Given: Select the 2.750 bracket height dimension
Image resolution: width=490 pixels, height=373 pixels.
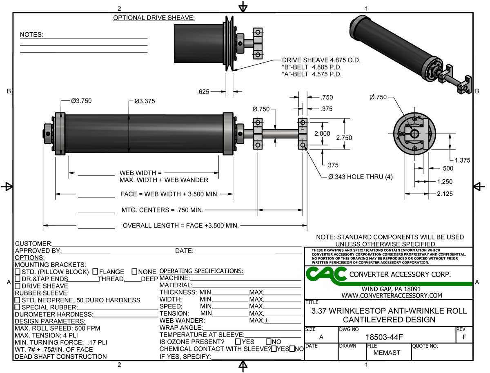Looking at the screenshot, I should point(344,138).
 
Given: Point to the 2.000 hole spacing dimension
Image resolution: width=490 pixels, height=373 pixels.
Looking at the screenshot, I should point(322,134).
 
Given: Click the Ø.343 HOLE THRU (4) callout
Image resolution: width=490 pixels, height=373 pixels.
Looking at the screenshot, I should point(360,177).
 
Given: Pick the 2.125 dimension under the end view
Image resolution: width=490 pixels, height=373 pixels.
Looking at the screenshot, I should point(445,194).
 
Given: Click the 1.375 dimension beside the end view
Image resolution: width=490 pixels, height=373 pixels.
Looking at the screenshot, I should point(463,160).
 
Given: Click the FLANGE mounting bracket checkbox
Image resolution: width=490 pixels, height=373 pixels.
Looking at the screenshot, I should point(95,272).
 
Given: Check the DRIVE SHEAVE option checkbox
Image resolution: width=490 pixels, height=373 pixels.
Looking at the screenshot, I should point(18,286).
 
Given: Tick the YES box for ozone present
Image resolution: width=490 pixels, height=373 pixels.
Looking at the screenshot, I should point(238,342).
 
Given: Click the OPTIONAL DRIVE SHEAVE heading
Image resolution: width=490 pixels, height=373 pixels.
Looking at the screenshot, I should point(154,18).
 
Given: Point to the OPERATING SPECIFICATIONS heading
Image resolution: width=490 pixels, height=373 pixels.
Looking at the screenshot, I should point(201,271).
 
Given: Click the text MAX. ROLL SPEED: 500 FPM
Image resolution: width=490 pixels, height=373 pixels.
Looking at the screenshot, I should point(57,328).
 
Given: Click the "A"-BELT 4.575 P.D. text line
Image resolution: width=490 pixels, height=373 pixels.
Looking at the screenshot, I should point(312,74).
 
